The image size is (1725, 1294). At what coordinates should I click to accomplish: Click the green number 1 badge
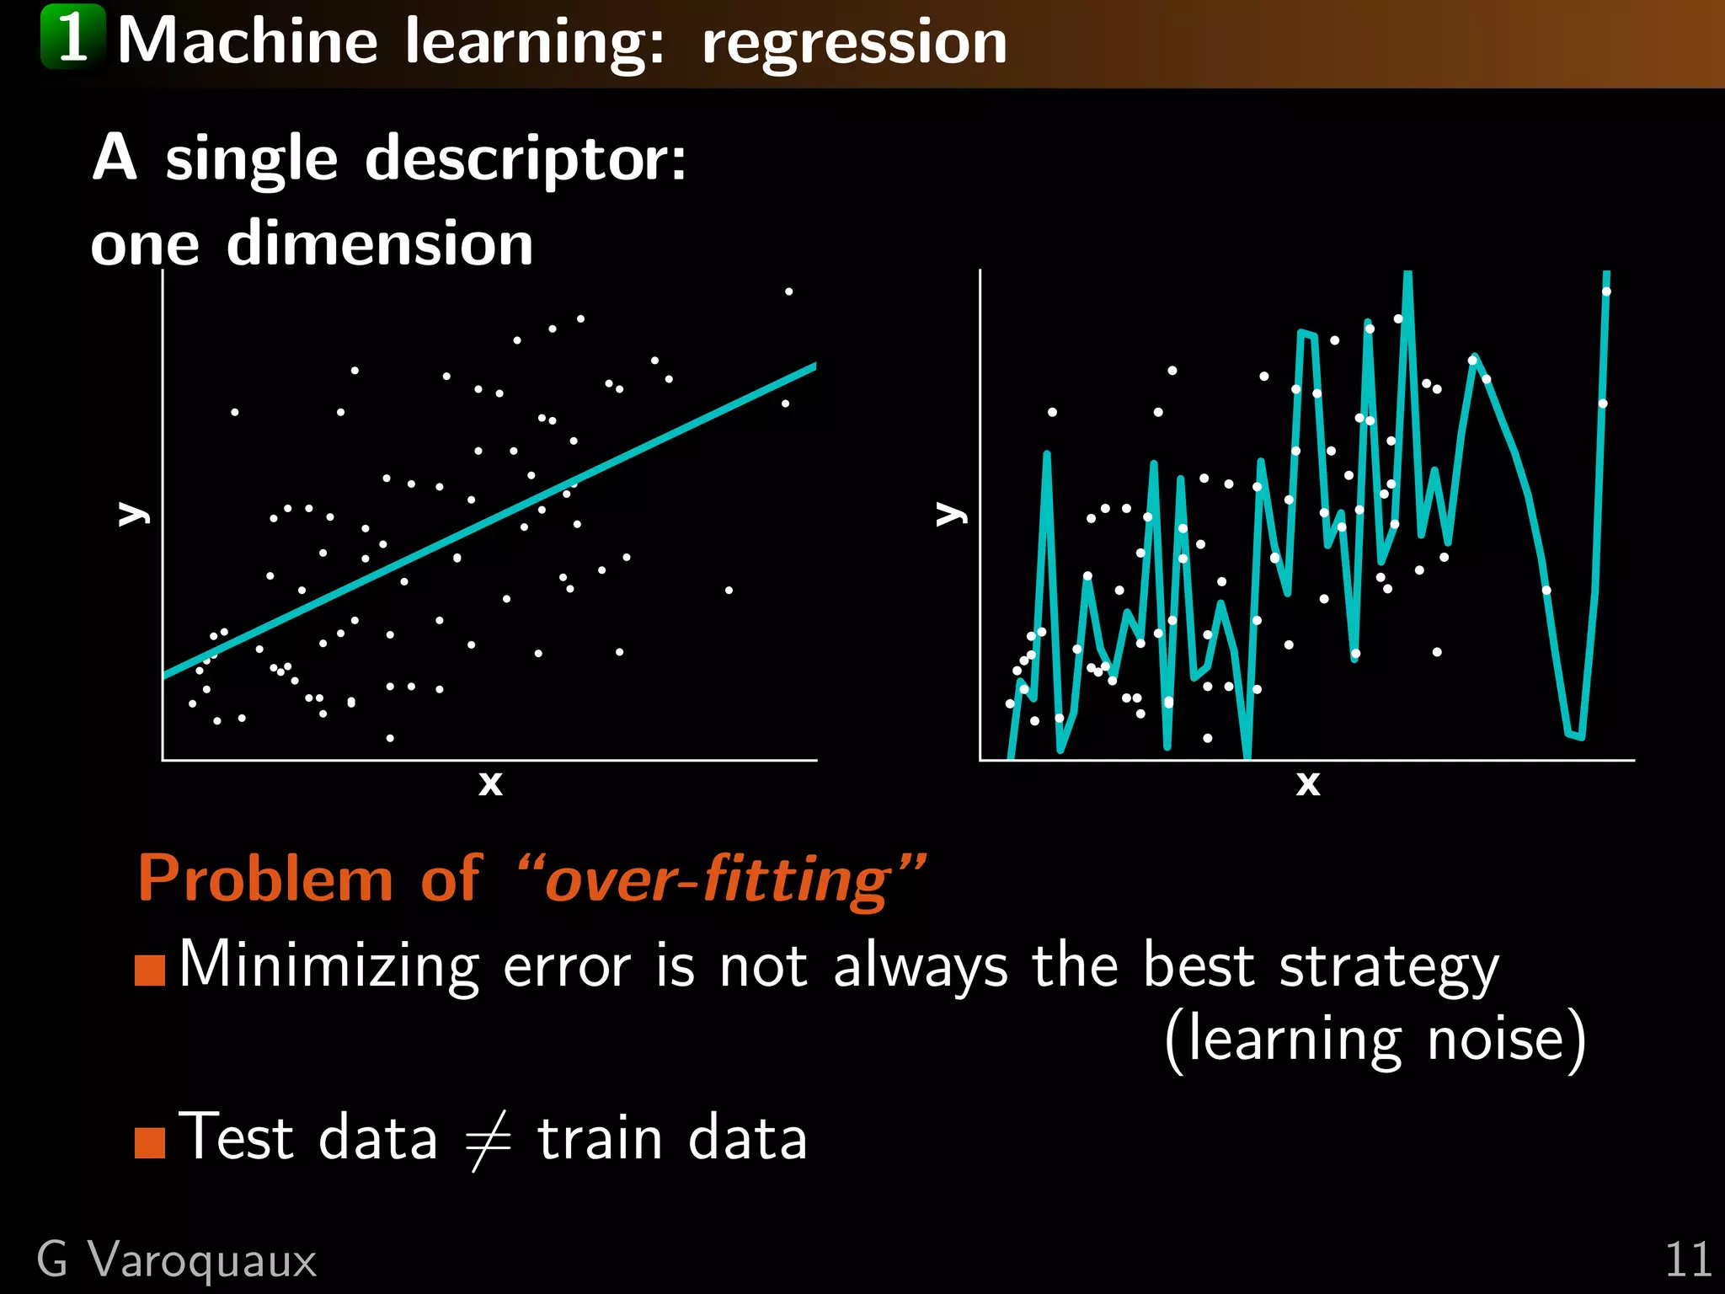click(x=73, y=37)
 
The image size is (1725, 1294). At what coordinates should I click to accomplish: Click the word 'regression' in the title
click(x=854, y=42)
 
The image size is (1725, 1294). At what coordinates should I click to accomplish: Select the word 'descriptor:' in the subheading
click(x=526, y=158)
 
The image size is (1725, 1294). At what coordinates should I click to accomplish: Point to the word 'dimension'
click(x=379, y=243)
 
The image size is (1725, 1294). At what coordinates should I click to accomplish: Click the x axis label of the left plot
click(x=490, y=783)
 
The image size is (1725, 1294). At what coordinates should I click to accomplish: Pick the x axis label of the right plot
click(x=1307, y=783)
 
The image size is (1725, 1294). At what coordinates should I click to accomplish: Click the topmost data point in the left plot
click(x=788, y=291)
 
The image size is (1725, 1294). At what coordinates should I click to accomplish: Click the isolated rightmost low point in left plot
click(x=729, y=590)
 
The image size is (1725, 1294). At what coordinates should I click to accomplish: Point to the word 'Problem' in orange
click(x=266, y=879)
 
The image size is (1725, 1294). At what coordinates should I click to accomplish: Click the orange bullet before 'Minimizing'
click(x=150, y=970)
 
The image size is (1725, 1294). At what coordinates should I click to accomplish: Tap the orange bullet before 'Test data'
click(x=150, y=1142)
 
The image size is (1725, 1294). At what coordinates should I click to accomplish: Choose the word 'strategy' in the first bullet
click(x=1389, y=967)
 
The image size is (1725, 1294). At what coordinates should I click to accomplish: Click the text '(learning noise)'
click(x=1375, y=1040)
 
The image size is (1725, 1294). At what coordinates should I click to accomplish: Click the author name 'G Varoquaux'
click(x=177, y=1261)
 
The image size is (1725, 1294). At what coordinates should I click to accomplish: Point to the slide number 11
click(x=1687, y=1261)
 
